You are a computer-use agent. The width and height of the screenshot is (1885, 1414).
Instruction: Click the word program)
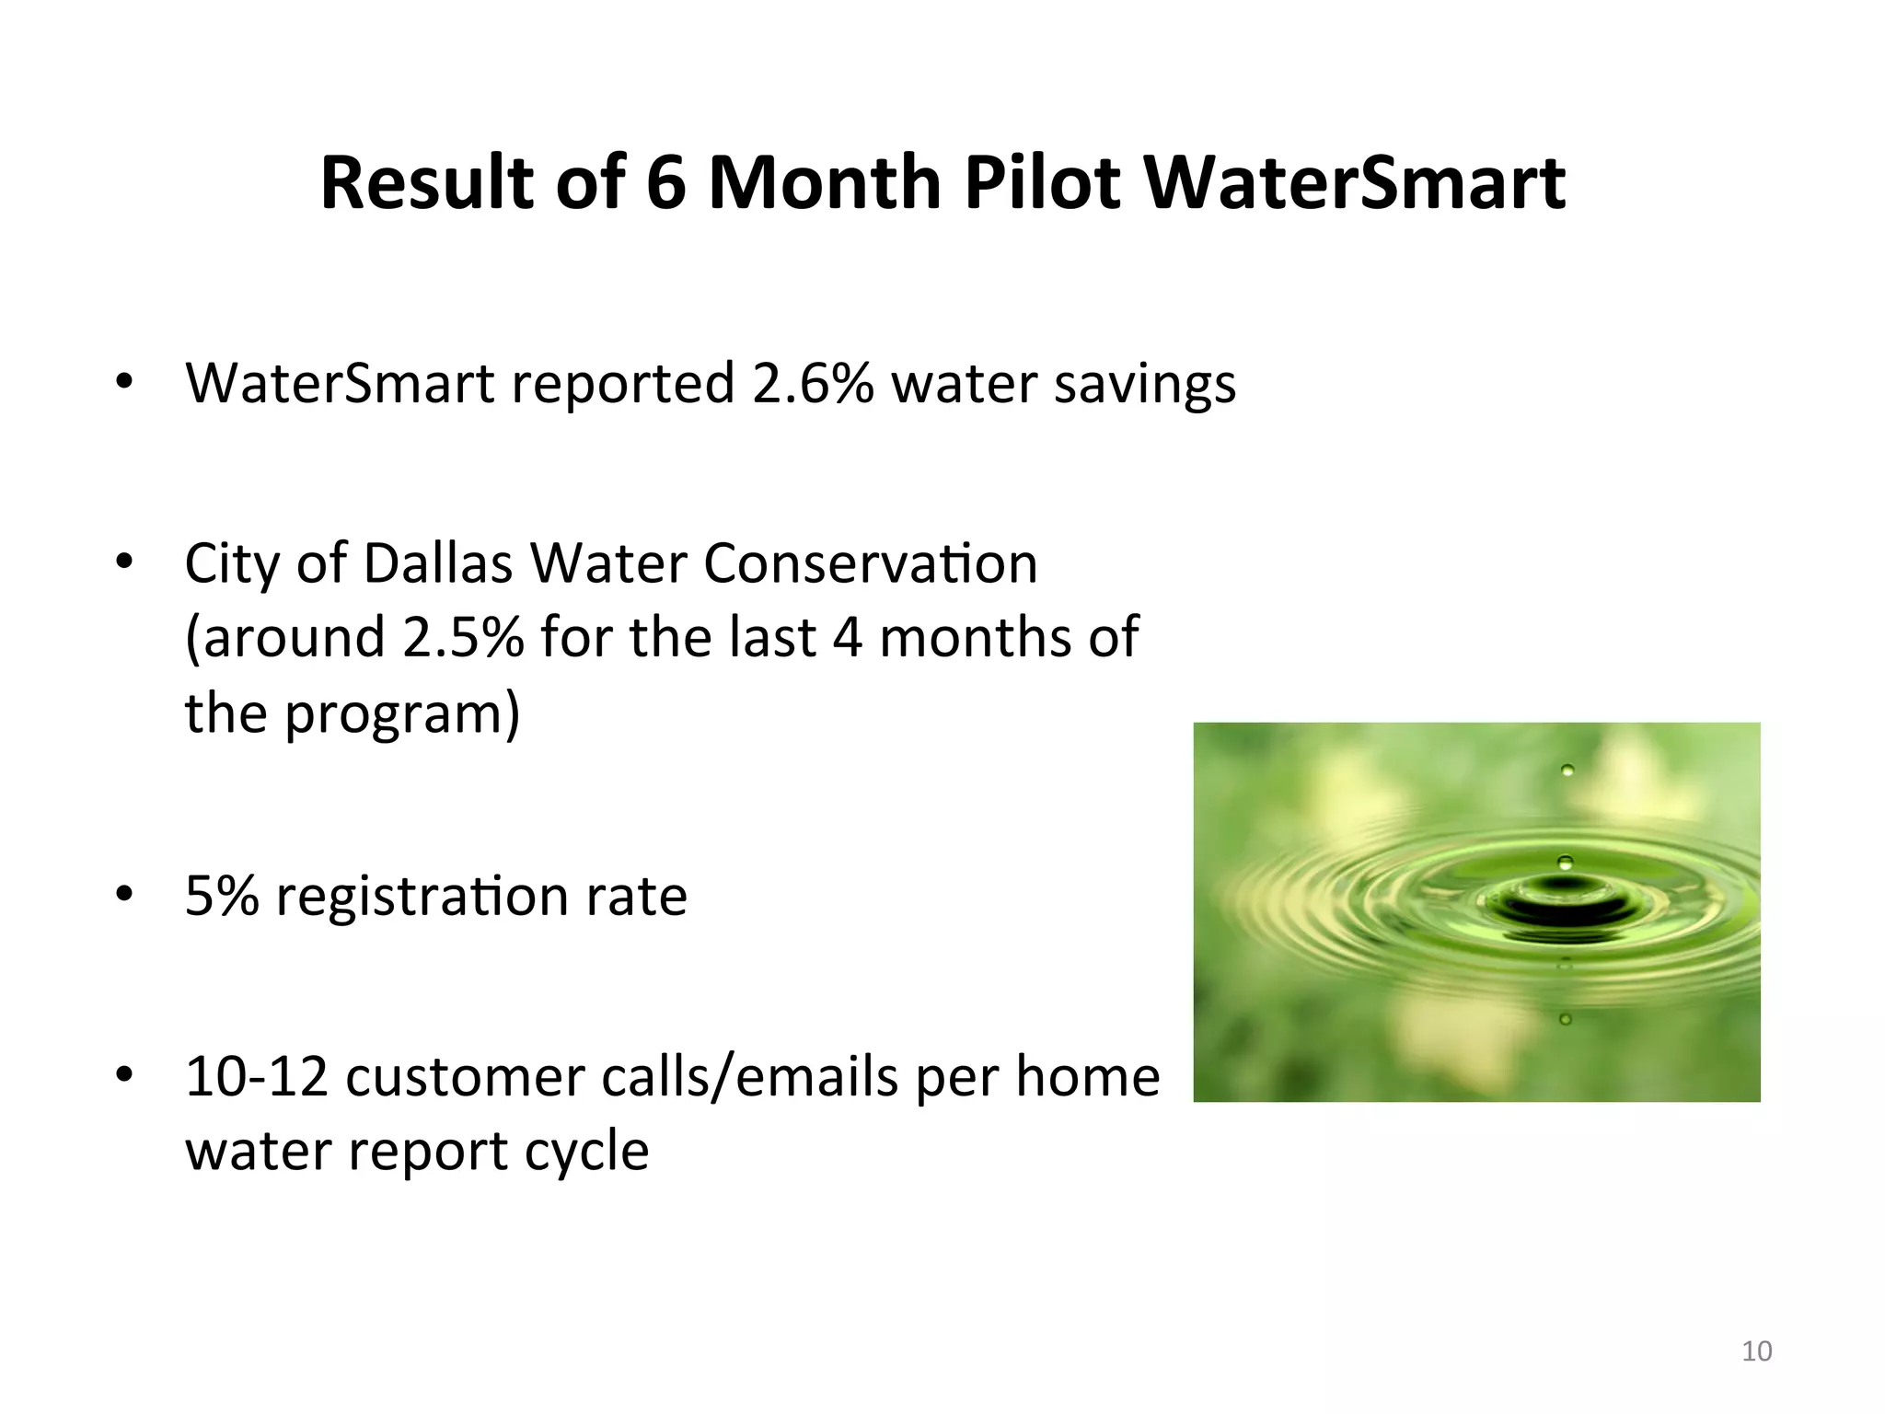(x=402, y=714)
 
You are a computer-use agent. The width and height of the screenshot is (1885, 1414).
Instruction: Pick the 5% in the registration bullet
(x=222, y=895)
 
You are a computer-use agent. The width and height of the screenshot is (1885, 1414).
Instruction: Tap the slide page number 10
(x=1757, y=1351)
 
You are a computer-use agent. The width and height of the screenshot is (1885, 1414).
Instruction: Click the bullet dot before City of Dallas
(x=125, y=562)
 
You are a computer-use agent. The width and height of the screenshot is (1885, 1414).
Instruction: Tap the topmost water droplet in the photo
(x=1567, y=770)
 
